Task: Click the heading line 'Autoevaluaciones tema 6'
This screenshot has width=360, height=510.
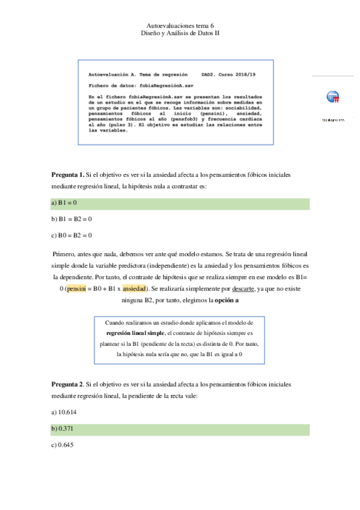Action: [180, 26]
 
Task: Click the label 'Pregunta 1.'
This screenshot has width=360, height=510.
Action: [68, 174]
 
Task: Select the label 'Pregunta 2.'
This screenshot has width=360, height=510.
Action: [68, 383]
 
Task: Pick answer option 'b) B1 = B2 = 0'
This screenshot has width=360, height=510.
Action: [72, 220]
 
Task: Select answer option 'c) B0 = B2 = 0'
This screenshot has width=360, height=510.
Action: [72, 235]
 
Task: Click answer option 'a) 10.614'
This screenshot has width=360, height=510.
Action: [64, 413]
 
